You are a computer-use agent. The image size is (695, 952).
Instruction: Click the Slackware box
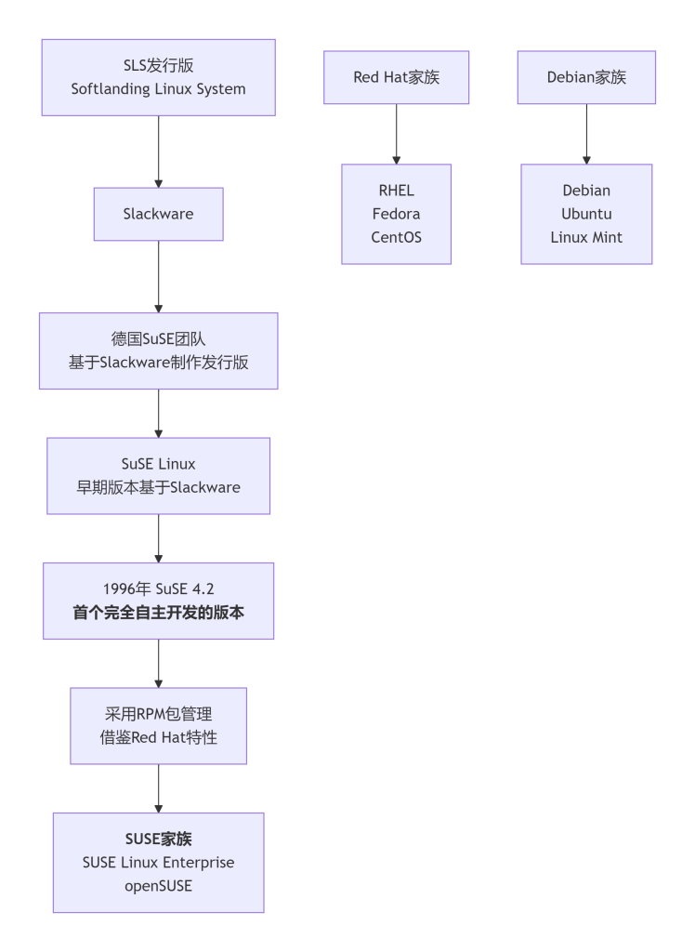[x=159, y=214]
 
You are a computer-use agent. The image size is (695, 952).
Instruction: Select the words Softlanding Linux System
[x=159, y=89]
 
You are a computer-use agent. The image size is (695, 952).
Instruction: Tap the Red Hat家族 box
[x=397, y=77]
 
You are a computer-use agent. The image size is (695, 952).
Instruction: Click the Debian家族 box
[x=586, y=77]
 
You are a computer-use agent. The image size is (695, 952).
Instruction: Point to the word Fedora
[x=397, y=214]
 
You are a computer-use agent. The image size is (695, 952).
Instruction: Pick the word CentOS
[x=397, y=237]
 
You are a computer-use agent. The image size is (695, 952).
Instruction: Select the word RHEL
[x=397, y=191]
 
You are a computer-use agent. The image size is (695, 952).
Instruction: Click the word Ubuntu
[x=586, y=214]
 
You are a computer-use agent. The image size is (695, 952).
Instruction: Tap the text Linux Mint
[x=586, y=237]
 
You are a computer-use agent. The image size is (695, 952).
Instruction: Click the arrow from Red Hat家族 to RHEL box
[x=397, y=134]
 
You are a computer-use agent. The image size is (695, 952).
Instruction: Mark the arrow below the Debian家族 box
[x=586, y=134]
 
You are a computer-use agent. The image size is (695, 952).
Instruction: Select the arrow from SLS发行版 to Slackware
[x=159, y=152]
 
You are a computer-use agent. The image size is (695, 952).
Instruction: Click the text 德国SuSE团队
[x=159, y=339]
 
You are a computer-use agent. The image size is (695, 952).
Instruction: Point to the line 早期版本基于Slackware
[x=159, y=487]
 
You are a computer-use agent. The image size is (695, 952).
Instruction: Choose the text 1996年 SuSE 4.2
[x=159, y=589]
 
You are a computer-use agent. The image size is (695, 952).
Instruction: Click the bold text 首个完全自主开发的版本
[x=159, y=613]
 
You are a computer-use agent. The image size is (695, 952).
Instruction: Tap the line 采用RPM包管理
[x=159, y=714]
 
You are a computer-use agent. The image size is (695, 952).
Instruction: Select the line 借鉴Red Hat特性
[x=159, y=737]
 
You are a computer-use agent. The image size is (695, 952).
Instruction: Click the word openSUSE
[x=159, y=885]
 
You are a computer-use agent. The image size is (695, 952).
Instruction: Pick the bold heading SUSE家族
[x=159, y=839]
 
